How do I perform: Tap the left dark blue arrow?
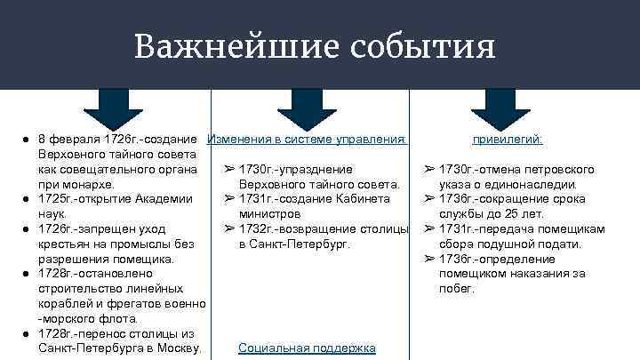point(113,108)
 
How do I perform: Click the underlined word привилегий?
point(508,140)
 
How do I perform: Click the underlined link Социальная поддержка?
point(307,348)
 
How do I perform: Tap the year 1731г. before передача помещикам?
point(459,228)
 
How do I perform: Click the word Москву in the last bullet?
point(180,348)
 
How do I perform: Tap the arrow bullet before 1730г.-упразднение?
point(228,169)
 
